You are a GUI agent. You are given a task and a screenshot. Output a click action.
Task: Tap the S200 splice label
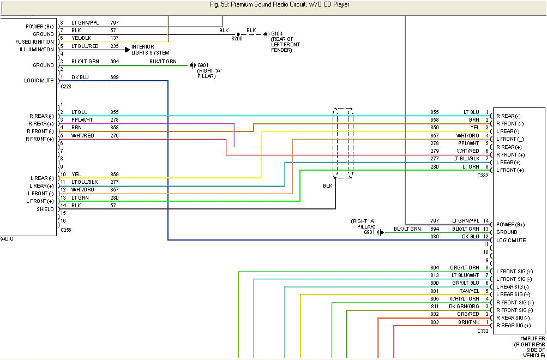coord(236,39)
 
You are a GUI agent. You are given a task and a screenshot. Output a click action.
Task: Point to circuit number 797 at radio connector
coord(115,22)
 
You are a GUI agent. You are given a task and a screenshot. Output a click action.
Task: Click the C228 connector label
coord(66,86)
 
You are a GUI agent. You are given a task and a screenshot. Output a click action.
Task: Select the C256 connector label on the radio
coord(66,230)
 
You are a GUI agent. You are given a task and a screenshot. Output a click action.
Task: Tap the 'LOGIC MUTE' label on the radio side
coord(39,80)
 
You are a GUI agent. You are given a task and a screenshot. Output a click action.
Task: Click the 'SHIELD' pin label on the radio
coord(45,209)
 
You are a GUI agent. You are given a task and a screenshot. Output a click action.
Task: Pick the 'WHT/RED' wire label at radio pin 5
coord(82,135)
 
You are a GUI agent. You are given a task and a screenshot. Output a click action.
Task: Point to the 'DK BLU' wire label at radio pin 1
coord(80,77)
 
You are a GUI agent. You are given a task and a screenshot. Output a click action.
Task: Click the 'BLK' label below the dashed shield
coord(327,186)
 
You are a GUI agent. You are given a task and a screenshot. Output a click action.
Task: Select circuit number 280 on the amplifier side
coord(434,166)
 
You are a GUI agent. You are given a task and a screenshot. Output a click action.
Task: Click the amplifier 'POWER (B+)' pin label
coord(510,224)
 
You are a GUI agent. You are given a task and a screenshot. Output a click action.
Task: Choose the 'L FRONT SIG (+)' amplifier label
coord(514,271)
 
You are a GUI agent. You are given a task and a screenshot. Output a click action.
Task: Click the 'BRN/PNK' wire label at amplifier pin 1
coord(469,322)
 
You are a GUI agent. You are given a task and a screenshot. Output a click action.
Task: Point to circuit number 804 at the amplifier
coord(434,267)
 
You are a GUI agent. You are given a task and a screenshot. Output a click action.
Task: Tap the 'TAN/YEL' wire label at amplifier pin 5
coord(470,291)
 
